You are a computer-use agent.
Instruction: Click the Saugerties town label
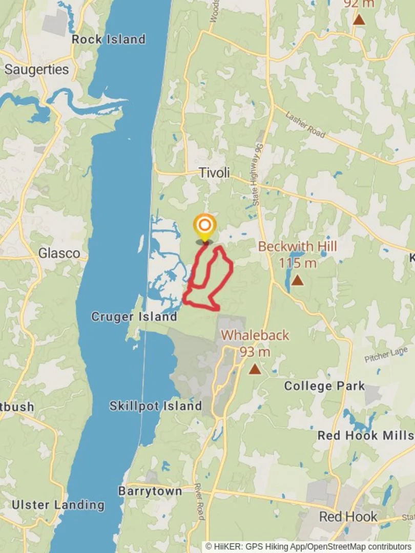[36, 70]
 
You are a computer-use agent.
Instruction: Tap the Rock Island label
[109, 39]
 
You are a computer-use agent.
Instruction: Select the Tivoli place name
[214, 173]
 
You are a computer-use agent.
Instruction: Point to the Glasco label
[59, 253]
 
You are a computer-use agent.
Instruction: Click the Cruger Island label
[134, 316]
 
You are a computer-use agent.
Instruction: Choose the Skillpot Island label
[156, 406]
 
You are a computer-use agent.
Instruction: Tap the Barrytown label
[150, 491]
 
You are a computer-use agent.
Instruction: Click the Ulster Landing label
[58, 505]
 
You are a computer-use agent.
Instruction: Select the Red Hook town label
[348, 516]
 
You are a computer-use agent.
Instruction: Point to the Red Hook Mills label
[365, 435]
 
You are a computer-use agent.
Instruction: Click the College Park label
[324, 386]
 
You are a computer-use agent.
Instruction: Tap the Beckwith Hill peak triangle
[297, 281]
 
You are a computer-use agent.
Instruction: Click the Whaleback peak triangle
[255, 369]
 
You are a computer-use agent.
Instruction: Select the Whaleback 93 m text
[255, 343]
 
